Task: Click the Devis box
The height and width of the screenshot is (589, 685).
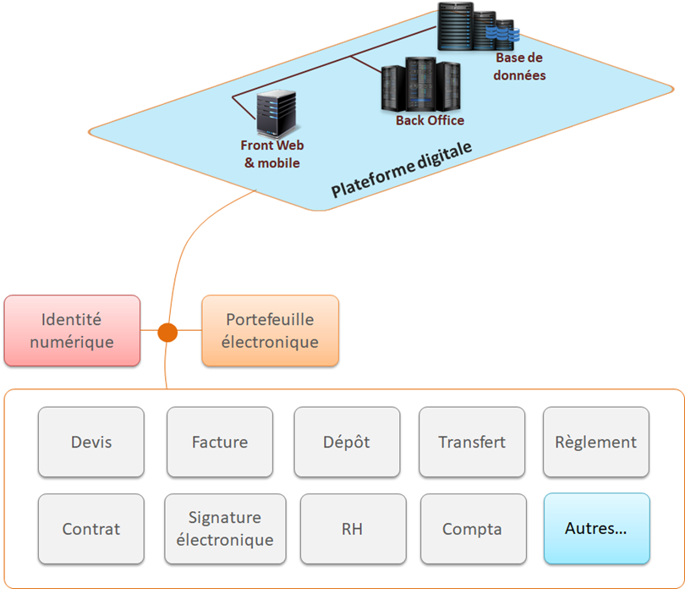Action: point(91,442)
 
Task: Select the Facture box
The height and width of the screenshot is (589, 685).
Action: point(220,442)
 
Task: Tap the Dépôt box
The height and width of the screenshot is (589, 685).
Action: point(347,442)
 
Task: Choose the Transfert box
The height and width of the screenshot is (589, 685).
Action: point(472,442)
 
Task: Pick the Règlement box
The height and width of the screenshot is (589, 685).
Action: point(595,442)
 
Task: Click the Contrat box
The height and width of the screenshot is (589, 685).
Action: point(91,529)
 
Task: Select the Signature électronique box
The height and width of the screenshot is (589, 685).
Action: point(220,529)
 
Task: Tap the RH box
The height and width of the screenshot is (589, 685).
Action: point(352,529)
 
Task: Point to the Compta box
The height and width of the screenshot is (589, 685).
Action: point(472,529)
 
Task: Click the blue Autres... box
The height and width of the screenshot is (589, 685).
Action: point(595,529)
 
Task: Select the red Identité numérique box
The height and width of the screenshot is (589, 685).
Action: point(72,331)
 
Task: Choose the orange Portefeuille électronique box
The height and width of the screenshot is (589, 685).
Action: point(270,331)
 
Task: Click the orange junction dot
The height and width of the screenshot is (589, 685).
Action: point(167,333)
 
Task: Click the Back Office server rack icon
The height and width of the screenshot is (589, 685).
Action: point(421,85)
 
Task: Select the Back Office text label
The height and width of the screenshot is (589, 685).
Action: point(430,121)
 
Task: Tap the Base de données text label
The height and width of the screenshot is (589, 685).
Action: point(520,67)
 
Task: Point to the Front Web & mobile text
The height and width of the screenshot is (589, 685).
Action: point(272,154)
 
